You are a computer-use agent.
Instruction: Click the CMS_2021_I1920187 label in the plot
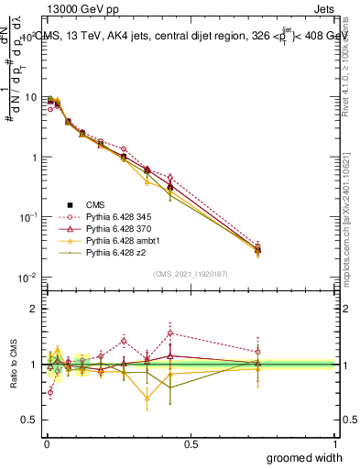coord(191,275)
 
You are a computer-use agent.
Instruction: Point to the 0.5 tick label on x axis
coord(190,443)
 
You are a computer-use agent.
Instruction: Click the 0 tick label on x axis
coord(46,443)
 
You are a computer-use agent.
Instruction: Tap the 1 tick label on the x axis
coord(334,443)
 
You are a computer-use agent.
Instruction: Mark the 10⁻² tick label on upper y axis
coord(29,277)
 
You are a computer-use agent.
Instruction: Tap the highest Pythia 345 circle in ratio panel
coord(170,333)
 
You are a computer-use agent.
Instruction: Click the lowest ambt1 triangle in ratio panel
coord(147,398)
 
